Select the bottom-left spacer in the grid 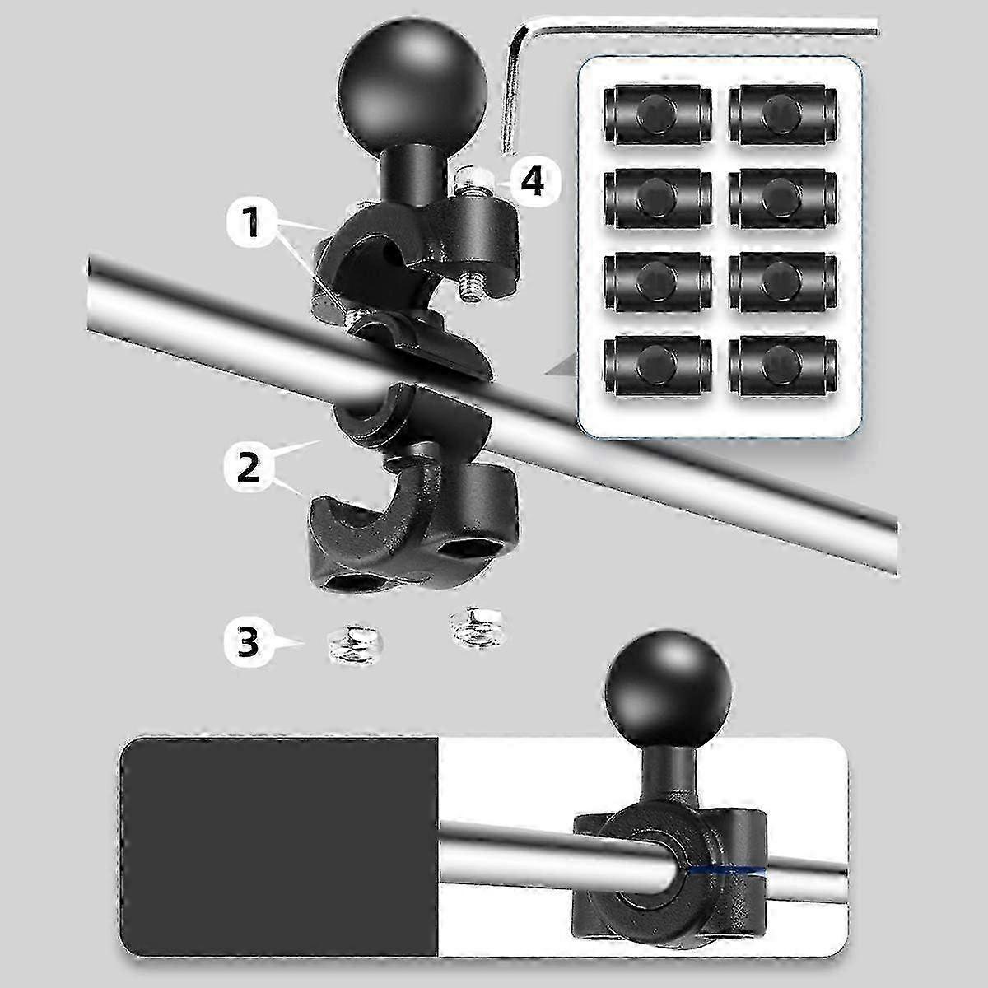[x=658, y=366]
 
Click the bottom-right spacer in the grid [x=782, y=366]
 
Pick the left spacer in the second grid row [x=658, y=200]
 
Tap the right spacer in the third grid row [x=782, y=283]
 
